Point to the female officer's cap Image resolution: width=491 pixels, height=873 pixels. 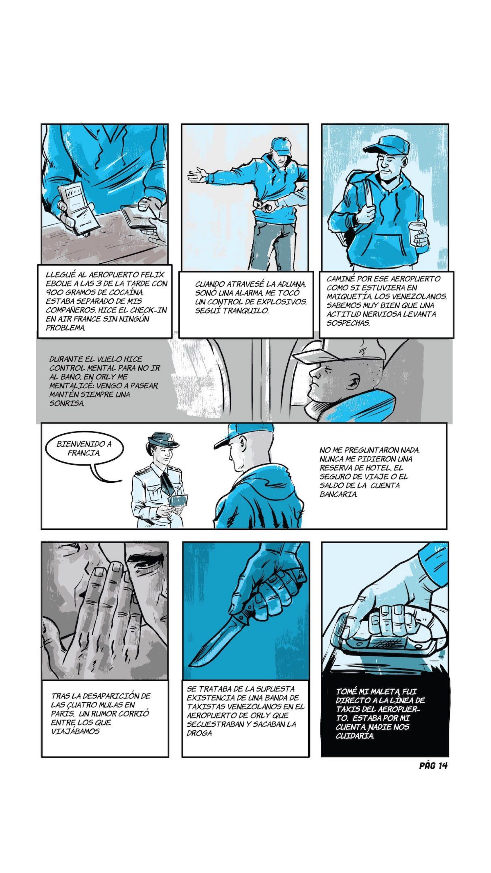pos(163,440)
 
